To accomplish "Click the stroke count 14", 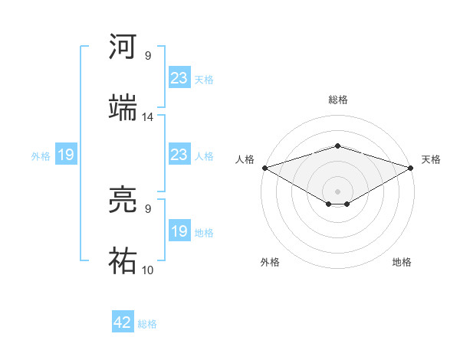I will click(x=148, y=117).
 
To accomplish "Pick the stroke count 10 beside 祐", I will click(x=148, y=270).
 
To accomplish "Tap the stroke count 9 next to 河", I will click(x=148, y=55).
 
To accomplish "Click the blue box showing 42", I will click(x=123, y=322).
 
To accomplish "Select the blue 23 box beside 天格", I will click(x=179, y=78).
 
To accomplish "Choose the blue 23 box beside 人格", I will click(x=179, y=155).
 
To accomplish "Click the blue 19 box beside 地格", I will click(x=179, y=231).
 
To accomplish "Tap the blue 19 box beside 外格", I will click(x=66, y=155).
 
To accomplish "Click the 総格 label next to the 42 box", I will click(x=147, y=324).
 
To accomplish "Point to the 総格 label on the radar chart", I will click(x=337, y=100).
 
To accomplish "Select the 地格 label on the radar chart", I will click(x=402, y=262).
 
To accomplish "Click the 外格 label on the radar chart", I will click(x=270, y=262).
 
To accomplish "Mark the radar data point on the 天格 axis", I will click(x=412, y=168).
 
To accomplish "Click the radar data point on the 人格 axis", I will click(x=264, y=168).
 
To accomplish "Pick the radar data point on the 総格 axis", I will click(x=337, y=146).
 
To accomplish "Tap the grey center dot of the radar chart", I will click(x=337, y=191).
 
